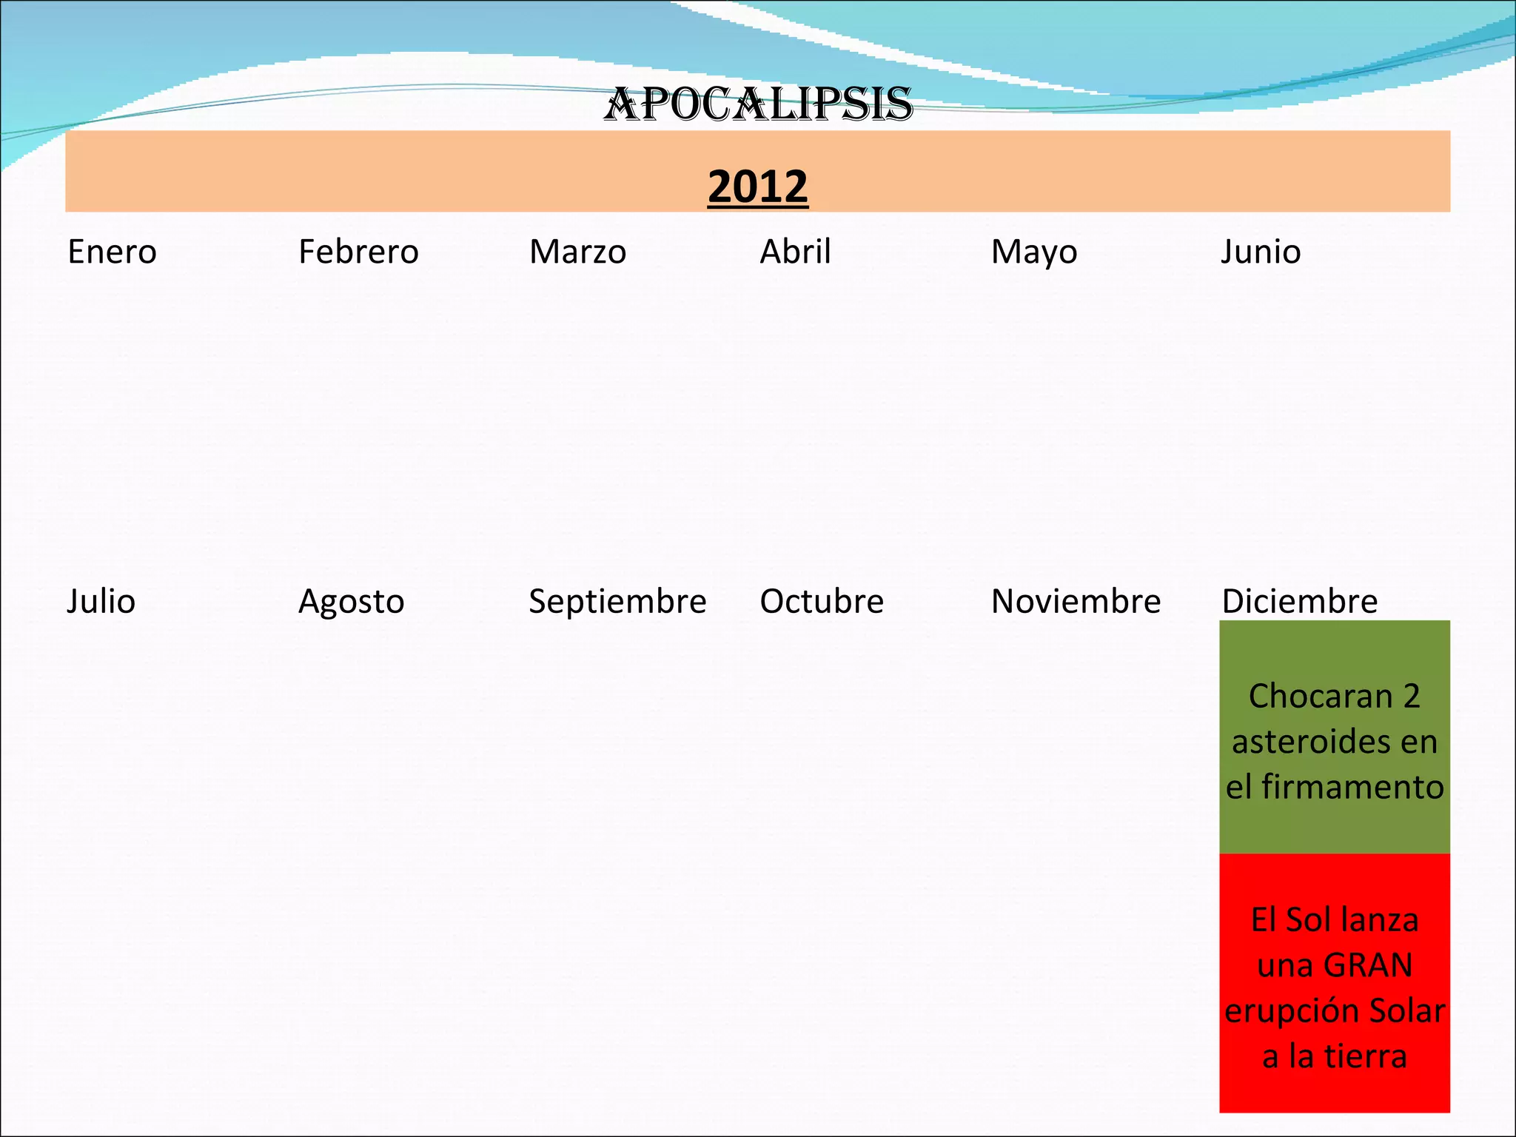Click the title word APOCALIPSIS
pos(758,104)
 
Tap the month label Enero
pos(112,252)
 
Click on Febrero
pos(358,252)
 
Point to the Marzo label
pos(577,252)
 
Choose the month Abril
pos(795,252)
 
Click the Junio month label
pos(1261,252)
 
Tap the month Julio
pos(101,601)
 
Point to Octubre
pos(822,601)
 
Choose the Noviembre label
pos(1076,601)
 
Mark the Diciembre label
pos(1299,601)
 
